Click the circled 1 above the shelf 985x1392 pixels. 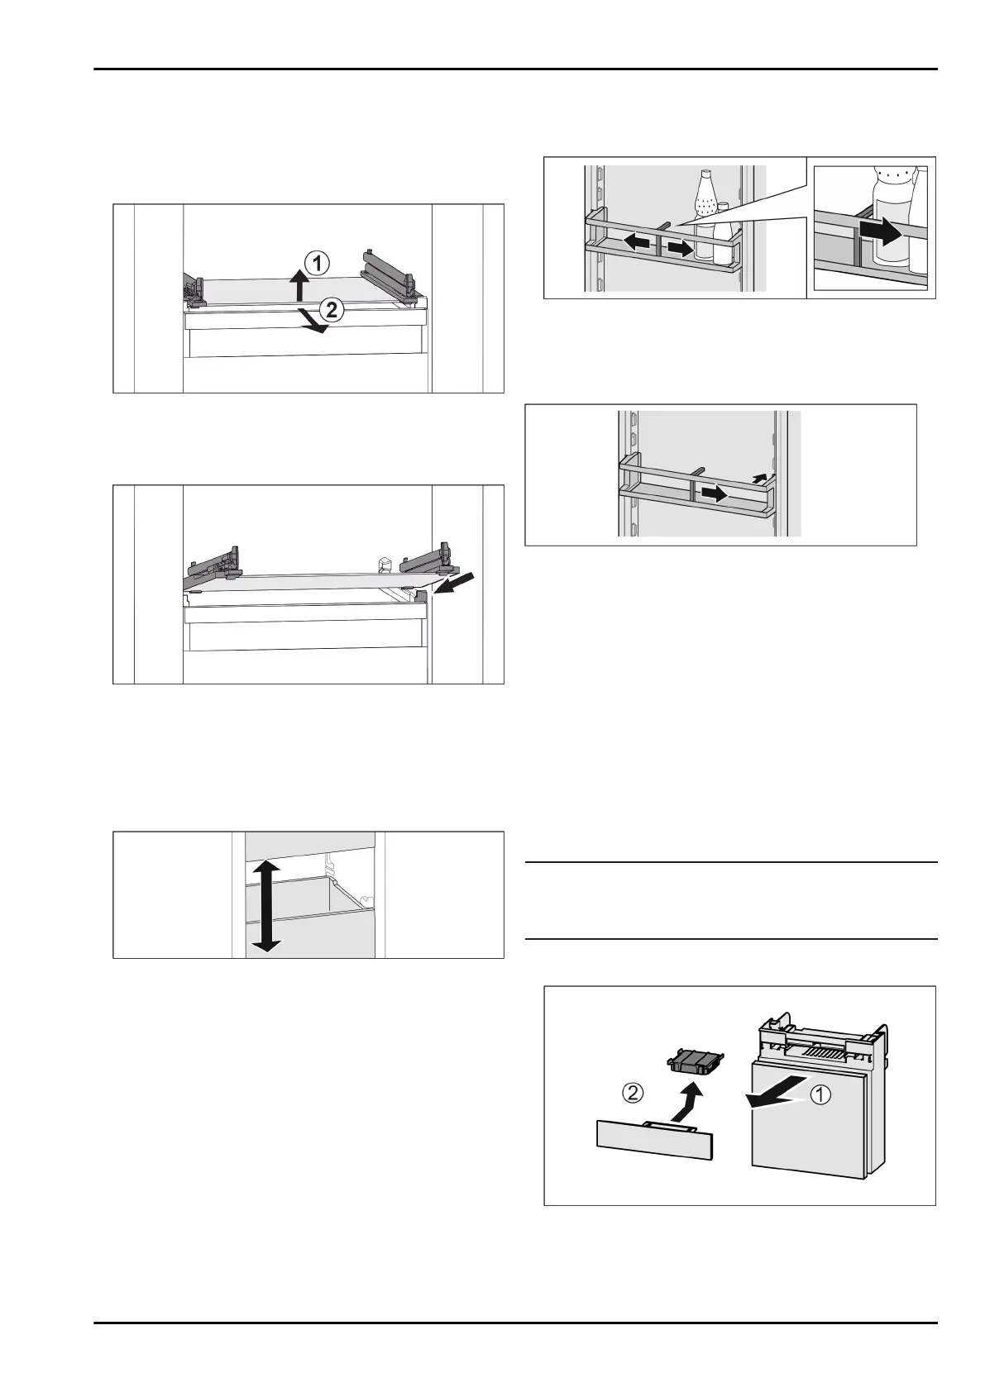point(317,265)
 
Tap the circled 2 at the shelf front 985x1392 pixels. point(332,309)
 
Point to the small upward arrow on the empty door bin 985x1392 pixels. point(758,478)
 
